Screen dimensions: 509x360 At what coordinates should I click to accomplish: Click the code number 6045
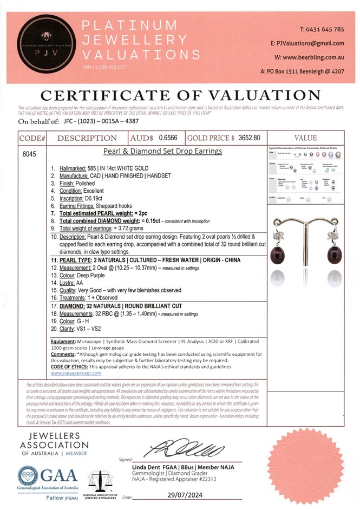click(x=29, y=154)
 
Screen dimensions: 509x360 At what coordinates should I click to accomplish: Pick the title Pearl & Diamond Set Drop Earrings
click(x=162, y=152)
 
